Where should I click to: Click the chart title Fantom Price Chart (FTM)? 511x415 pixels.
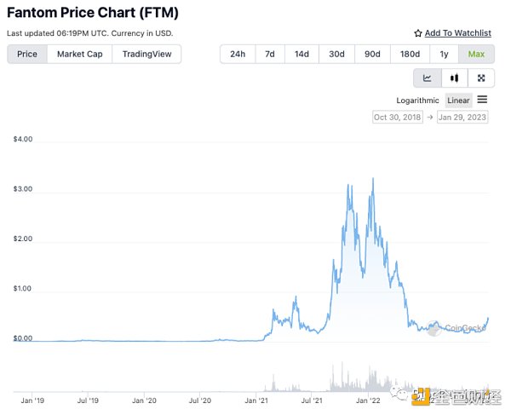click(93, 14)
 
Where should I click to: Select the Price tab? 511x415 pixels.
click(27, 54)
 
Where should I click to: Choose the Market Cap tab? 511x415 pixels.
click(80, 54)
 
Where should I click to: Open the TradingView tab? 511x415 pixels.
click(146, 54)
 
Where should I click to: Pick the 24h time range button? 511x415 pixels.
click(238, 54)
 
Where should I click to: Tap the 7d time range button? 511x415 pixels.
click(270, 54)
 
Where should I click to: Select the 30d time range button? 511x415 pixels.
click(336, 54)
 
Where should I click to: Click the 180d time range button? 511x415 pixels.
click(411, 54)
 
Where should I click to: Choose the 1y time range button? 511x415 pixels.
click(445, 54)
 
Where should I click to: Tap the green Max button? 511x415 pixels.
click(474, 54)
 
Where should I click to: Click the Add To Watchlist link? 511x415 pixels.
click(452, 33)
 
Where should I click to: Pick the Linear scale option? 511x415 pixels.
click(458, 101)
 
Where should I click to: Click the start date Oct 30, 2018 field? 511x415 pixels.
click(398, 117)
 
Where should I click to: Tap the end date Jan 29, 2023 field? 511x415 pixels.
click(462, 117)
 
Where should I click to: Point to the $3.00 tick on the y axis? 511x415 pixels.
click(23, 189)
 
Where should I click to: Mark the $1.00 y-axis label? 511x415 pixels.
click(23, 289)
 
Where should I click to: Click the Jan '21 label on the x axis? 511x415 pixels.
click(258, 398)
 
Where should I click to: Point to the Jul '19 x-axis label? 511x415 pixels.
click(89, 398)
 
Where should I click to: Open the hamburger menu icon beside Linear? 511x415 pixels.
click(482, 100)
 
